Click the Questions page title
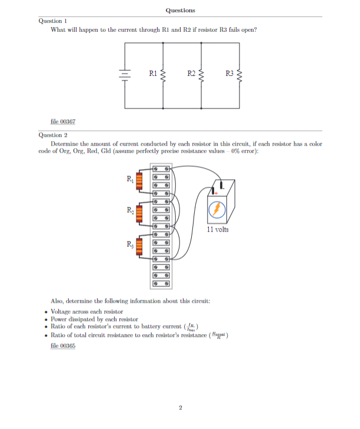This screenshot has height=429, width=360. point(180,10)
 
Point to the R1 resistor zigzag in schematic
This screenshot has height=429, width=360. point(163,75)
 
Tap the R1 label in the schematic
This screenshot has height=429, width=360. point(152,73)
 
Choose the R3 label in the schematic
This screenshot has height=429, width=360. point(229,73)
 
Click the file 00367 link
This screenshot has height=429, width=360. point(64,121)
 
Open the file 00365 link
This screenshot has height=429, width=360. point(64,346)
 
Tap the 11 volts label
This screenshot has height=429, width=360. point(218,229)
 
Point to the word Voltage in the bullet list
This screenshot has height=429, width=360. point(62,311)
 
